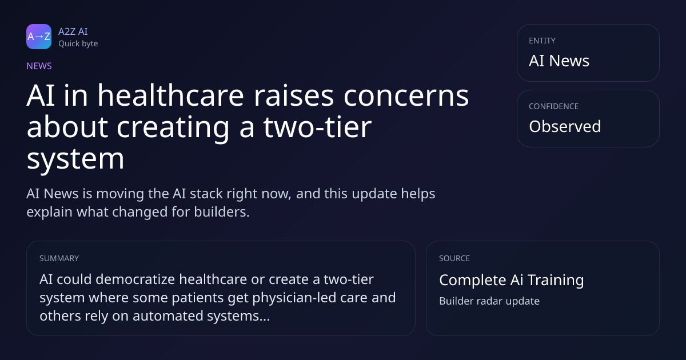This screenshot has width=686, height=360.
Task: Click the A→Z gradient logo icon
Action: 39,37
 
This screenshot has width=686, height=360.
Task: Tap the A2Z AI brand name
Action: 73,31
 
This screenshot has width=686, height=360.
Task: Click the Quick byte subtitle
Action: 78,44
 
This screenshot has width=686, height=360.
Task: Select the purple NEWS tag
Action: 39,66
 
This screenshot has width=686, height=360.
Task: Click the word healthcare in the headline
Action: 170,95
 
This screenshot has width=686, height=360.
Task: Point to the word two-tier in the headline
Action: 318,127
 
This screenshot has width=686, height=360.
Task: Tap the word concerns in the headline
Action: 406,96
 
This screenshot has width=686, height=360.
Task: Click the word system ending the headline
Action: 75,159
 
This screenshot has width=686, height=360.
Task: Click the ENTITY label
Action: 542,41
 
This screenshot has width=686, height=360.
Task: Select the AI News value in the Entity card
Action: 559,61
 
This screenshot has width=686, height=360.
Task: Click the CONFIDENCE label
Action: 554,106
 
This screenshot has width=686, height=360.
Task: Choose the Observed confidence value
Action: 565,126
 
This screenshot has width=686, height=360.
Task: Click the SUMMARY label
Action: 59,258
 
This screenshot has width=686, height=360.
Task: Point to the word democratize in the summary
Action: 135,279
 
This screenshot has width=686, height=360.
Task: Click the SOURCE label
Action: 454,258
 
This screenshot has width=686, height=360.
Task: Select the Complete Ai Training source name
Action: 512,280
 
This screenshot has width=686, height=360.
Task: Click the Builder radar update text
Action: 489,301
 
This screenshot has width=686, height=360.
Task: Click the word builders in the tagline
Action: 222,212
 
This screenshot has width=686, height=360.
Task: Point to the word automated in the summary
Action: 168,316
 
